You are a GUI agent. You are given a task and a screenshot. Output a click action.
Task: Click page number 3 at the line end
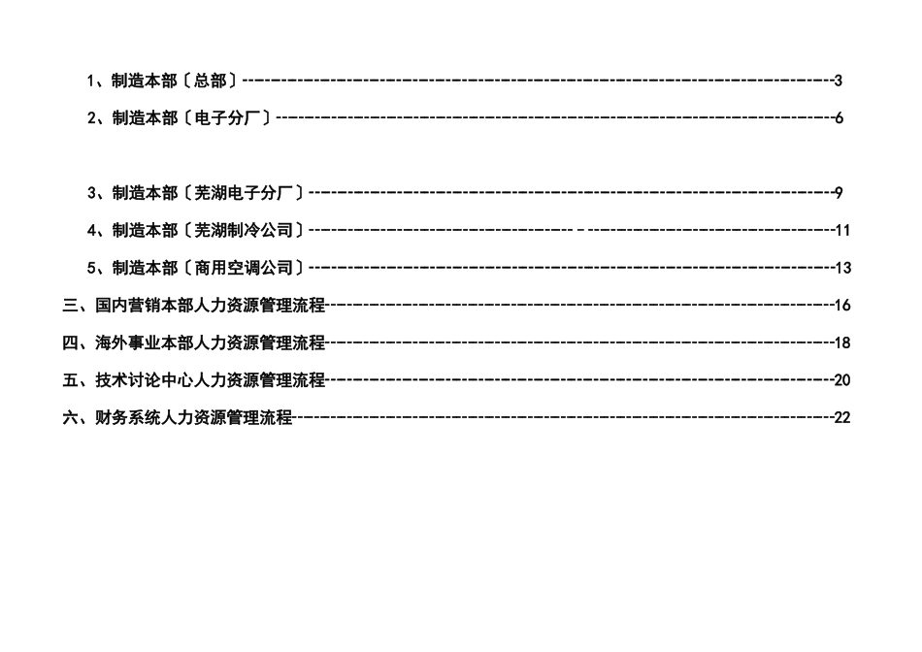tap(838, 81)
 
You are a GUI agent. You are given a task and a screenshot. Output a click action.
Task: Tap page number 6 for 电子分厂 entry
tap(839, 118)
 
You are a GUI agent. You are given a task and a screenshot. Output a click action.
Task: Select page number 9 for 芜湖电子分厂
tap(839, 192)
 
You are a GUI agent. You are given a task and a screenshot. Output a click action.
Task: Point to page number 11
tap(842, 231)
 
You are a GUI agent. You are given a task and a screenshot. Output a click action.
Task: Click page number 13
tap(842, 268)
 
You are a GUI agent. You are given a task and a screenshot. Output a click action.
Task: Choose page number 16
tap(842, 306)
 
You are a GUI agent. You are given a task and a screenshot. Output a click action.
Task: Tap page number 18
tap(842, 342)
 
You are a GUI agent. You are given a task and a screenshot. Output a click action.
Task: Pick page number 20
tap(842, 380)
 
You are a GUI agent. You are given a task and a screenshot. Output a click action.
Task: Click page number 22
tap(842, 417)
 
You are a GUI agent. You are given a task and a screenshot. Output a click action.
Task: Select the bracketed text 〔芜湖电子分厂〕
tap(244, 192)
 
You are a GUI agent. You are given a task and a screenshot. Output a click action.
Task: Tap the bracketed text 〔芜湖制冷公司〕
tap(244, 231)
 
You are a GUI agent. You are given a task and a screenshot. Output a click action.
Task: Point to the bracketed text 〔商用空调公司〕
tap(244, 268)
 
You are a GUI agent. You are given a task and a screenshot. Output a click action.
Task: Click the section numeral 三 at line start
tap(70, 306)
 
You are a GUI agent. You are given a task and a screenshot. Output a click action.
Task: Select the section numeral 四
tap(70, 342)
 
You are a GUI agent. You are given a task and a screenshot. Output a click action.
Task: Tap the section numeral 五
tap(70, 380)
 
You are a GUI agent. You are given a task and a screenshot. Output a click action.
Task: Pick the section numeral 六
tap(70, 417)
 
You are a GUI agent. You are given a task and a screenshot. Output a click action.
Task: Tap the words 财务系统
tap(128, 417)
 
